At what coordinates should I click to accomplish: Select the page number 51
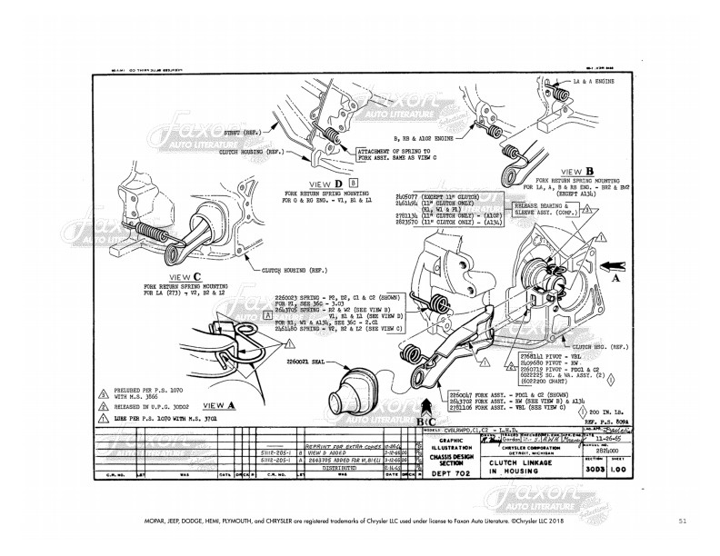click(683, 521)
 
